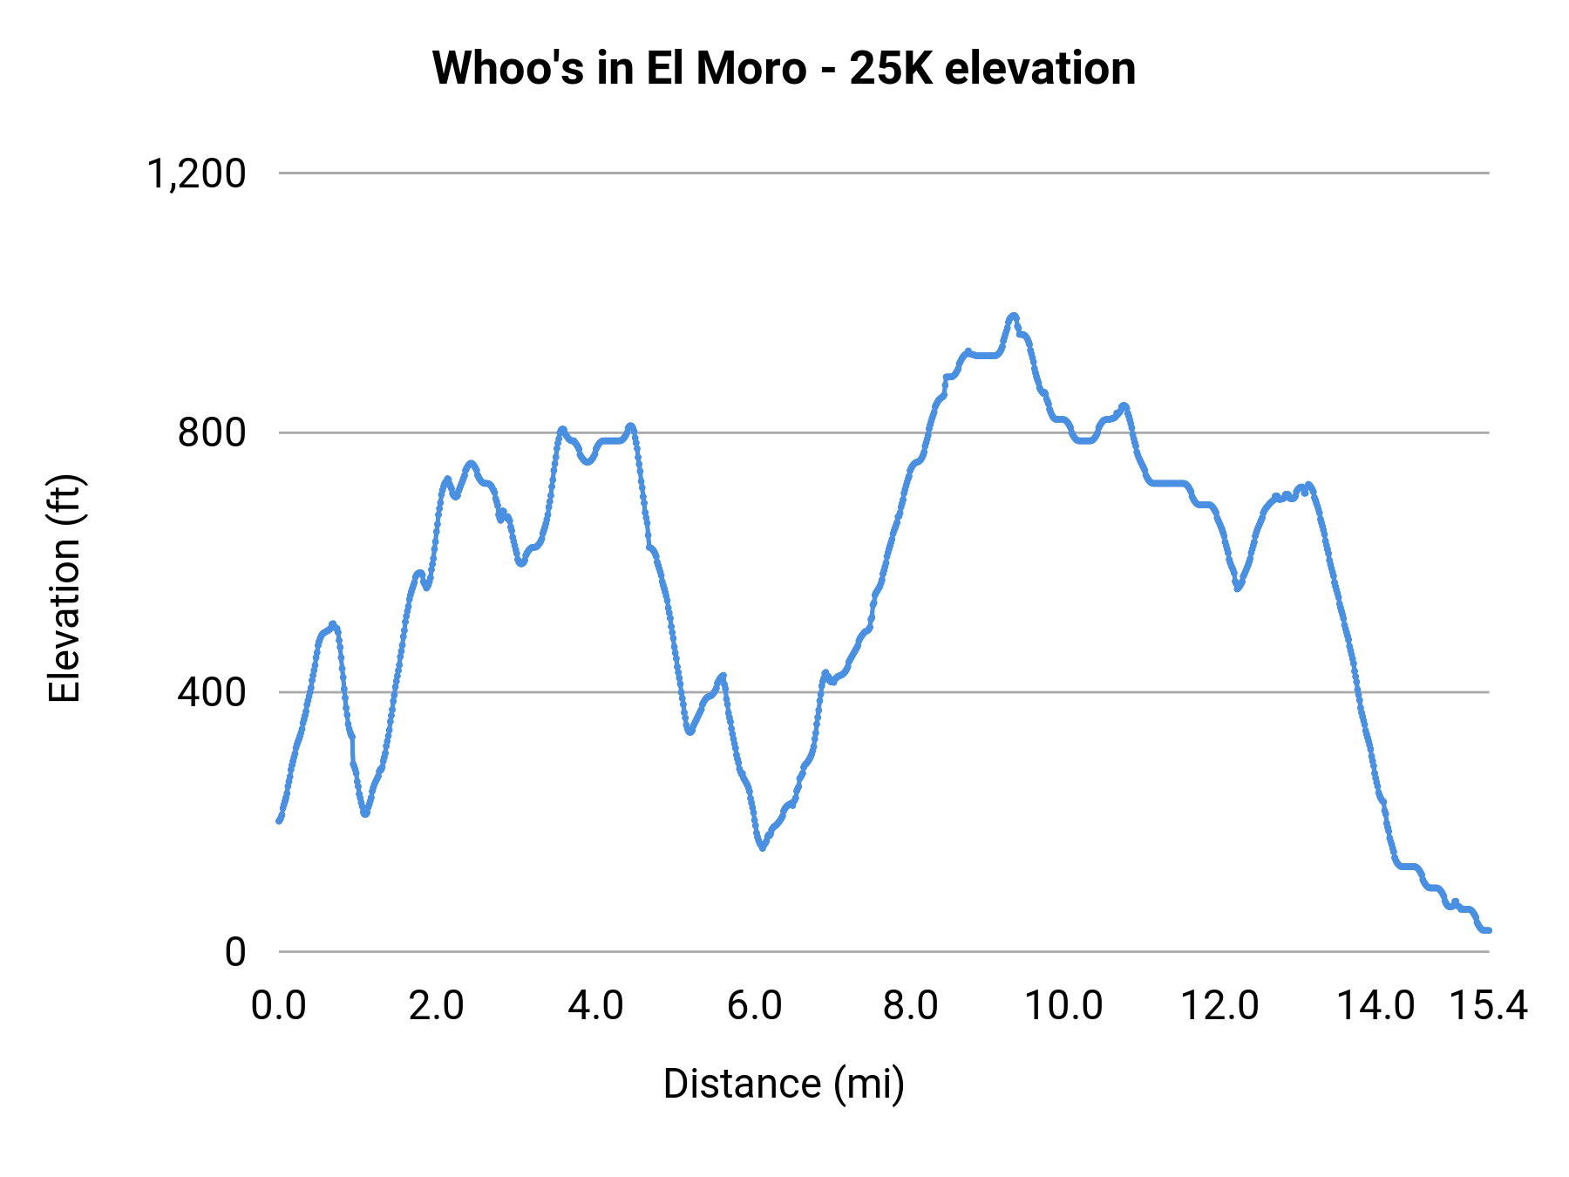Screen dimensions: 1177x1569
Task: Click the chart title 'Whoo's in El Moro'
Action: (x=619, y=68)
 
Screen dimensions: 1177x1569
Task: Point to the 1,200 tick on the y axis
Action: (x=196, y=173)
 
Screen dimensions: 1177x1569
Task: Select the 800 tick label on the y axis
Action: (x=212, y=432)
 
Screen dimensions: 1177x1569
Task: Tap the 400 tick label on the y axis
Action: (x=212, y=692)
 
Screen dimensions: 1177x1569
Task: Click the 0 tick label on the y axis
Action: (x=234, y=952)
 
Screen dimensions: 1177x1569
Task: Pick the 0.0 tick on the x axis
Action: (x=279, y=1006)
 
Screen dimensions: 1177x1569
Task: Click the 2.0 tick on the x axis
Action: (x=437, y=1006)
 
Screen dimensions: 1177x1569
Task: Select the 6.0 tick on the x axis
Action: (x=754, y=1006)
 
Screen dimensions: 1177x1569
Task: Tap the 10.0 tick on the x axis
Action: (x=1063, y=1006)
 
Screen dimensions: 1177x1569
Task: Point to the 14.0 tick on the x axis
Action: (x=1375, y=1006)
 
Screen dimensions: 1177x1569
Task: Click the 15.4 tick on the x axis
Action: (x=1488, y=1006)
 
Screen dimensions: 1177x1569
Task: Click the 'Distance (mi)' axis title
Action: (x=784, y=1084)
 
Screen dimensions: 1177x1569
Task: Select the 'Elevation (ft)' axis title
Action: (x=65, y=589)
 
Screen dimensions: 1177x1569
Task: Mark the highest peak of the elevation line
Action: (x=1013, y=316)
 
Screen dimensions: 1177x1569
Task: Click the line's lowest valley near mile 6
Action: (x=763, y=847)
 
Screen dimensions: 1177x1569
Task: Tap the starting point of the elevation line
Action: (x=279, y=820)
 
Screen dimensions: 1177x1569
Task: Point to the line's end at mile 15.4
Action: (x=1488, y=930)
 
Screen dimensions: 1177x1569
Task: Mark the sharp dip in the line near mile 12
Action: (x=1238, y=588)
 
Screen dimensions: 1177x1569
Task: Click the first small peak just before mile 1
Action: (x=333, y=625)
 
